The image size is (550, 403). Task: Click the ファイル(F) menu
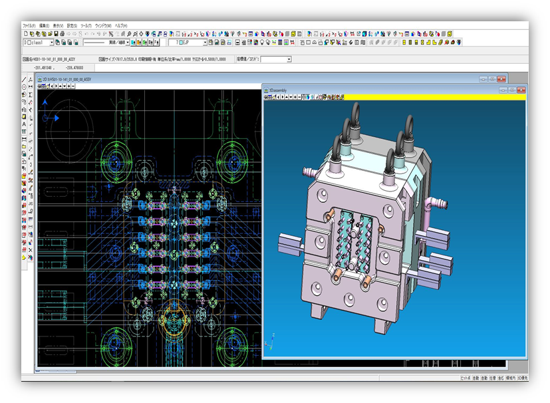pos(29,25)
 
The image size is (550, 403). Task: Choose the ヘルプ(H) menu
pos(122,25)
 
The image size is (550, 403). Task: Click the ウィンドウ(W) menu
pos(103,25)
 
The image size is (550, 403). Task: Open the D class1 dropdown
pos(39,42)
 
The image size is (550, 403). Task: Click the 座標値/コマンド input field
pos(275,59)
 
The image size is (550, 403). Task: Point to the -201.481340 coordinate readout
pos(43,67)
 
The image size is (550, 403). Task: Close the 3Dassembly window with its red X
pos(521,89)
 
